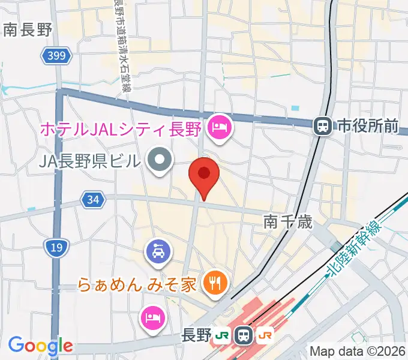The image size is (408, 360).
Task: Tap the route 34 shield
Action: point(92,200)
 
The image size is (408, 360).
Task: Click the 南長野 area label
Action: point(28,30)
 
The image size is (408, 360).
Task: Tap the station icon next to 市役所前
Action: point(323,125)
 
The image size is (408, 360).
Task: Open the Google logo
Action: point(40,345)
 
